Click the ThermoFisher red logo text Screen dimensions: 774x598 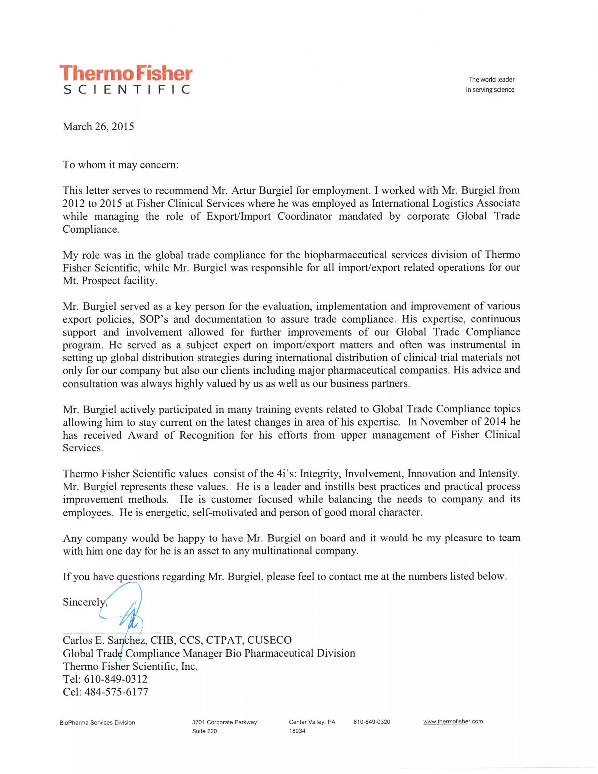pos(126,73)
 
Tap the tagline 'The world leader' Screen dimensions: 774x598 pos(491,79)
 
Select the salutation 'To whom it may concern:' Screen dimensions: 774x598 pos(121,165)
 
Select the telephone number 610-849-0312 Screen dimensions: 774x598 pos(116,679)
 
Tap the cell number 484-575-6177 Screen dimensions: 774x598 pos(116,692)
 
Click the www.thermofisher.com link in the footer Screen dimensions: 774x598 pos(453,721)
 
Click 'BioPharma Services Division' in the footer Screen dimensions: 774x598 pos(97,723)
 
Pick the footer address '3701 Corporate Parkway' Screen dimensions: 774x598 pos(224,722)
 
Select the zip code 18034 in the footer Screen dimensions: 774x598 pos(297,731)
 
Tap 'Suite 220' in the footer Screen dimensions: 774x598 pos(204,731)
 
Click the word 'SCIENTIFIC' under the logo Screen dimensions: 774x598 pos(126,89)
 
